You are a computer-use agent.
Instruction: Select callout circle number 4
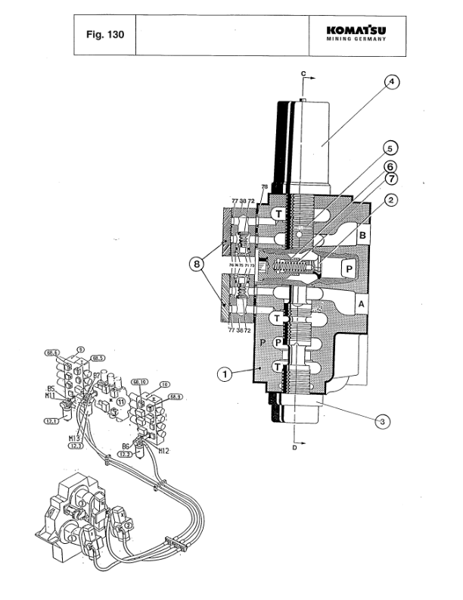(391, 83)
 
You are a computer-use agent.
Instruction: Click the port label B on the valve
(362, 236)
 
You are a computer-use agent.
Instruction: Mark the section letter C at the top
(303, 73)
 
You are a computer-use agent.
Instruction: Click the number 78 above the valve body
(264, 186)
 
